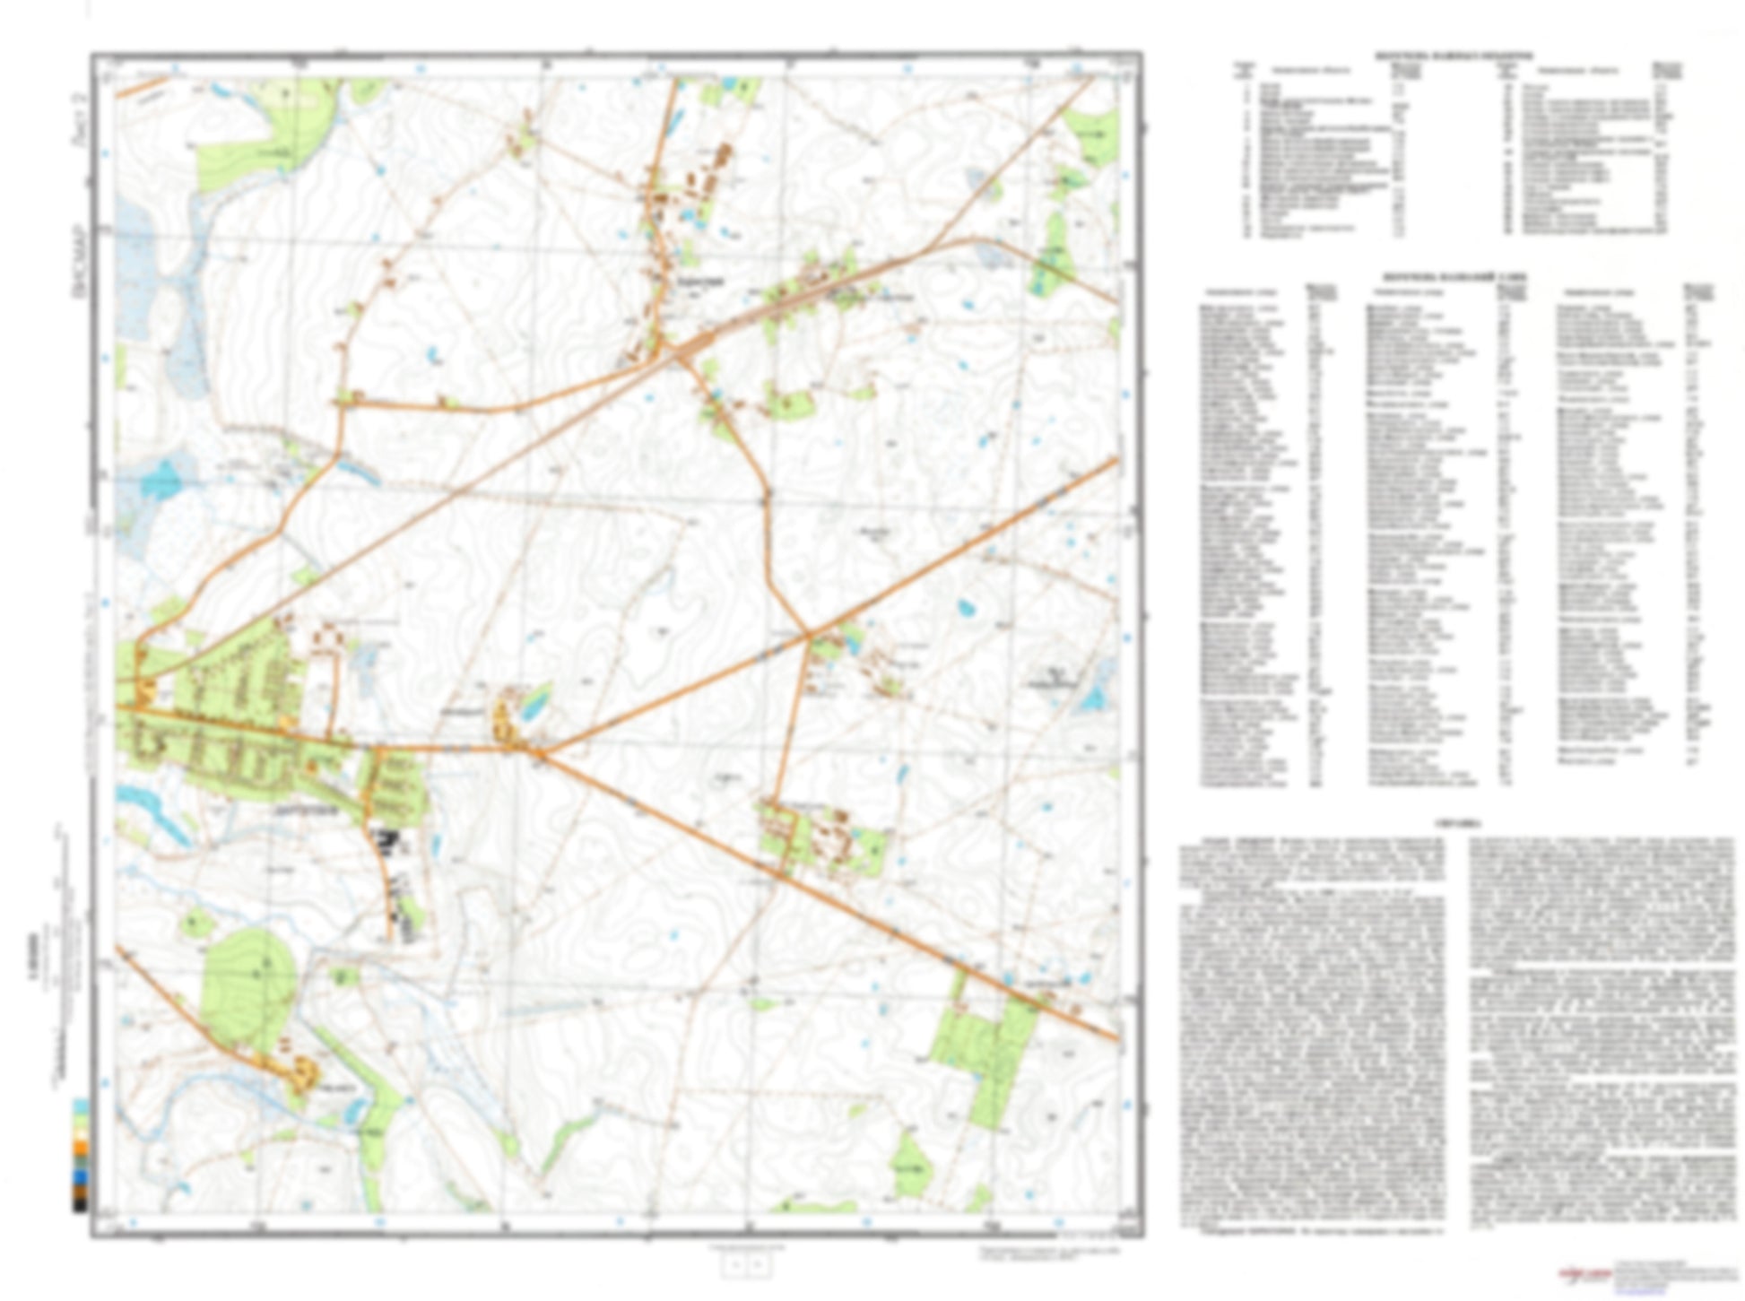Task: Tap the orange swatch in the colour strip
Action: coord(81,1147)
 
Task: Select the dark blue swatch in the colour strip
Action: coord(81,1175)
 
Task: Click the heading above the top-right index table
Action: coord(1453,56)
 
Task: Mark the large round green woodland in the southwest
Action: coord(247,986)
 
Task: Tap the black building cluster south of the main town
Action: coord(387,843)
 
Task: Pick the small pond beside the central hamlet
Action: coord(534,705)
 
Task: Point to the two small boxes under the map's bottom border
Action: coord(747,1263)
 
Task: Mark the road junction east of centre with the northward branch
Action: coord(809,637)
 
